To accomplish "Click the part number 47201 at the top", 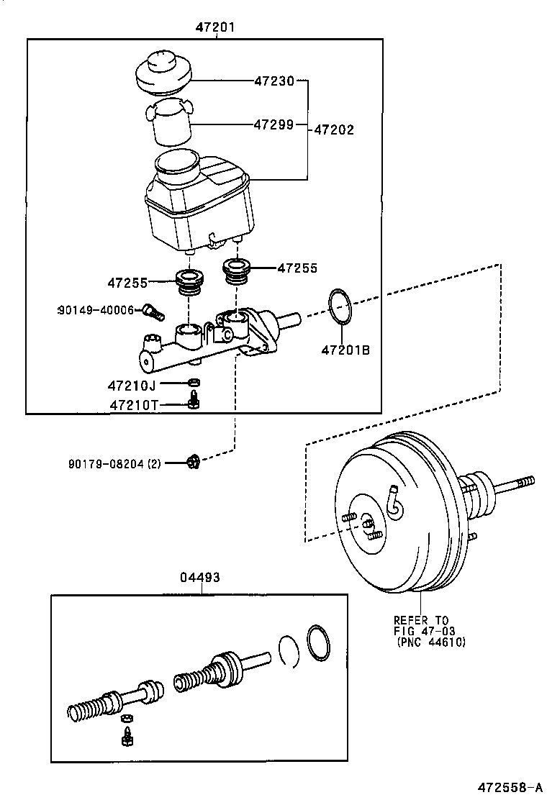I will point(215,28).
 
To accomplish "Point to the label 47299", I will point(273,124).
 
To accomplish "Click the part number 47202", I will point(334,130).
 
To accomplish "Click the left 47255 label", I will point(128,283).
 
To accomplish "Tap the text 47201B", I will point(345,350).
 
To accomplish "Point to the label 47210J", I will point(132,386).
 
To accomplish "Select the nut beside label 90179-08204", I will point(191,460).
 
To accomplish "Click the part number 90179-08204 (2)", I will point(114,464).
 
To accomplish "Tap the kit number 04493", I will point(199,577).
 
